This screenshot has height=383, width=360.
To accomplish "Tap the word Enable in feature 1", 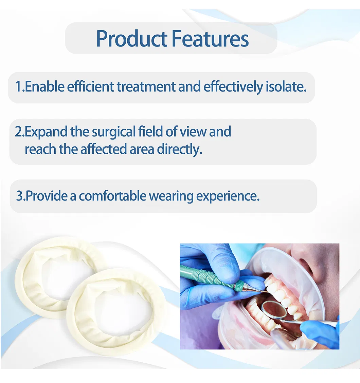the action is coord(45,87).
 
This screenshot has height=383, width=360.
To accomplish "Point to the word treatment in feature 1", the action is coord(146,87).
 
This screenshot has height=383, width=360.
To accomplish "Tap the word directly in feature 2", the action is coord(180,149).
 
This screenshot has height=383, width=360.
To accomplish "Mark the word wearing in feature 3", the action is coord(171,196).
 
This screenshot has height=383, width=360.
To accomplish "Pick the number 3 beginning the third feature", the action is coord(19,196).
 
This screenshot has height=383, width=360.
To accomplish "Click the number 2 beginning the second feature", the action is coord(18,132).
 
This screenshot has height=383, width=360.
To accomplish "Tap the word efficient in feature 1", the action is coord(90,87).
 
